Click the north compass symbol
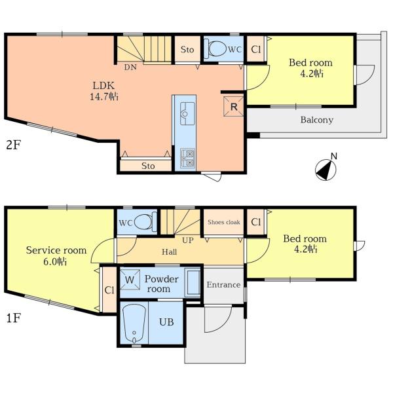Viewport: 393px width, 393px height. click(326, 170)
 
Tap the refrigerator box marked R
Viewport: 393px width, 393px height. click(234, 107)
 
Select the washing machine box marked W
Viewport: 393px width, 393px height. click(130, 280)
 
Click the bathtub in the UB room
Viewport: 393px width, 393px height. click(134, 324)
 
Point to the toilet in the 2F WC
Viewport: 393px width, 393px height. click(215, 48)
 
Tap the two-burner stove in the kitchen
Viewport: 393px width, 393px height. click(188, 158)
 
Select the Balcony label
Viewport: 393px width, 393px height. click(317, 120)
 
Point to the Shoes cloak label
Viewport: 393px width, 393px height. click(224, 222)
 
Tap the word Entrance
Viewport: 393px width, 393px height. click(223, 284)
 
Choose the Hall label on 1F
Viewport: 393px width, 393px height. click(170, 252)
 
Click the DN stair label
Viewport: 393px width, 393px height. click(130, 67)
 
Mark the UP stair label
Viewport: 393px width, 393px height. click(188, 240)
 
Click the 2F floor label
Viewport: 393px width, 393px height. click(14, 145)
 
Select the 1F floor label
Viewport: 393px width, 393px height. click(13, 318)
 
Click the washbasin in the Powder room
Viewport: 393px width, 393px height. click(193, 282)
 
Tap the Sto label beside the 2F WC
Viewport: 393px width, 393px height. click(187, 49)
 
